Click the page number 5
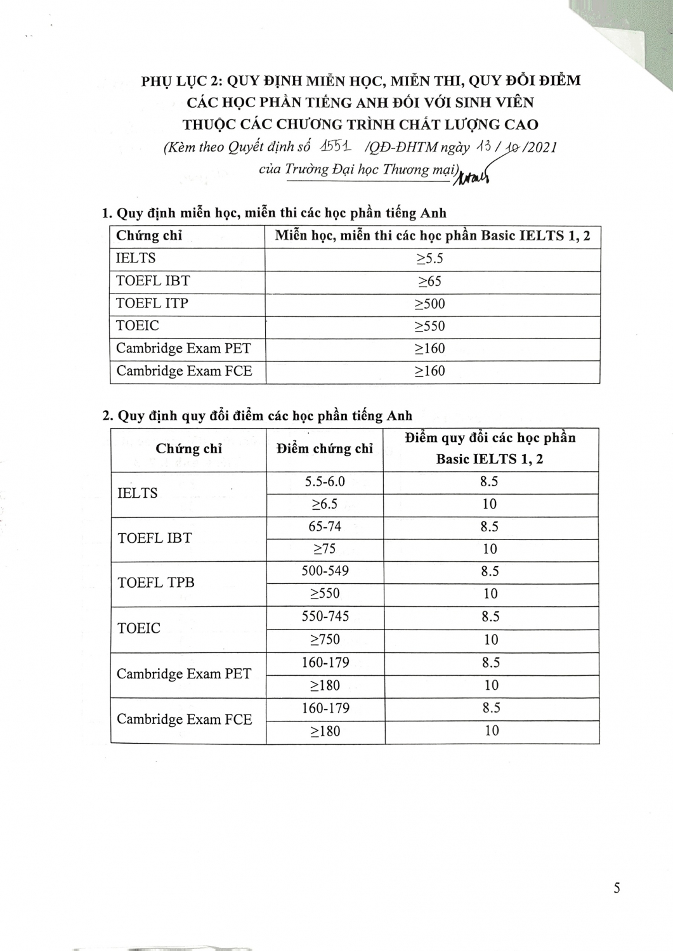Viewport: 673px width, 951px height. pyautogui.click(x=617, y=888)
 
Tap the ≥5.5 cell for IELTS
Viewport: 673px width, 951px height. pyautogui.click(x=429, y=259)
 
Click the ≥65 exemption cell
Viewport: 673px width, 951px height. pyautogui.click(x=429, y=281)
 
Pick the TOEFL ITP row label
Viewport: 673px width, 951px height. pyautogui.click(x=152, y=304)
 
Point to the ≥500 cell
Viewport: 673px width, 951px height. pyautogui.click(x=429, y=304)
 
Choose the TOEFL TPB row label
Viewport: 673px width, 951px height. pyautogui.click(x=156, y=583)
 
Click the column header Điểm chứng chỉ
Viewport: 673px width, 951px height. pyautogui.click(x=325, y=449)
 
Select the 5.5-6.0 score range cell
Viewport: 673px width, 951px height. pyautogui.click(x=325, y=482)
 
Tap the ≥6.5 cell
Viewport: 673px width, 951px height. pyautogui.click(x=324, y=505)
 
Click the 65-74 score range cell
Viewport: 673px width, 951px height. pyautogui.click(x=324, y=527)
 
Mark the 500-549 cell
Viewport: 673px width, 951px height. pyautogui.click(x=325, y=571)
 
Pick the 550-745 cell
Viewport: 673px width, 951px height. pyautogui.click(x=325, y=616)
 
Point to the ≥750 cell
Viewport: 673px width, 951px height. pyautogui.click(x=325, y=640)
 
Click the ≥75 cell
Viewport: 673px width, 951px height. pyautogui.click(x=324, y=549)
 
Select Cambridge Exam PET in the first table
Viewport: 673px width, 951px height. pyautogui.click(x=183, y=349)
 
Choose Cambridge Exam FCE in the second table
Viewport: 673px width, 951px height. pyautogui.click(x=185, y=720)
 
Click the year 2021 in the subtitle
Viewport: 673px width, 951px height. pyautogui.click(x=540, y=147)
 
